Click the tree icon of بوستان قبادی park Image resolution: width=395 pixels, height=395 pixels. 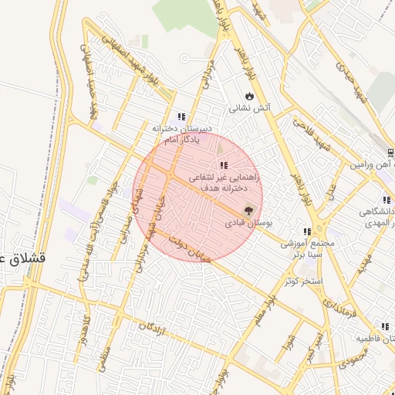(248, 209)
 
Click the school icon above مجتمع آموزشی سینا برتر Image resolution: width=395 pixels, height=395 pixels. (307, 231)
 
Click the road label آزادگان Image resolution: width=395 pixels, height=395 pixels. (154, 333)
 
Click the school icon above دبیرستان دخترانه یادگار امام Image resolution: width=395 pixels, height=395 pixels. (181, 116)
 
